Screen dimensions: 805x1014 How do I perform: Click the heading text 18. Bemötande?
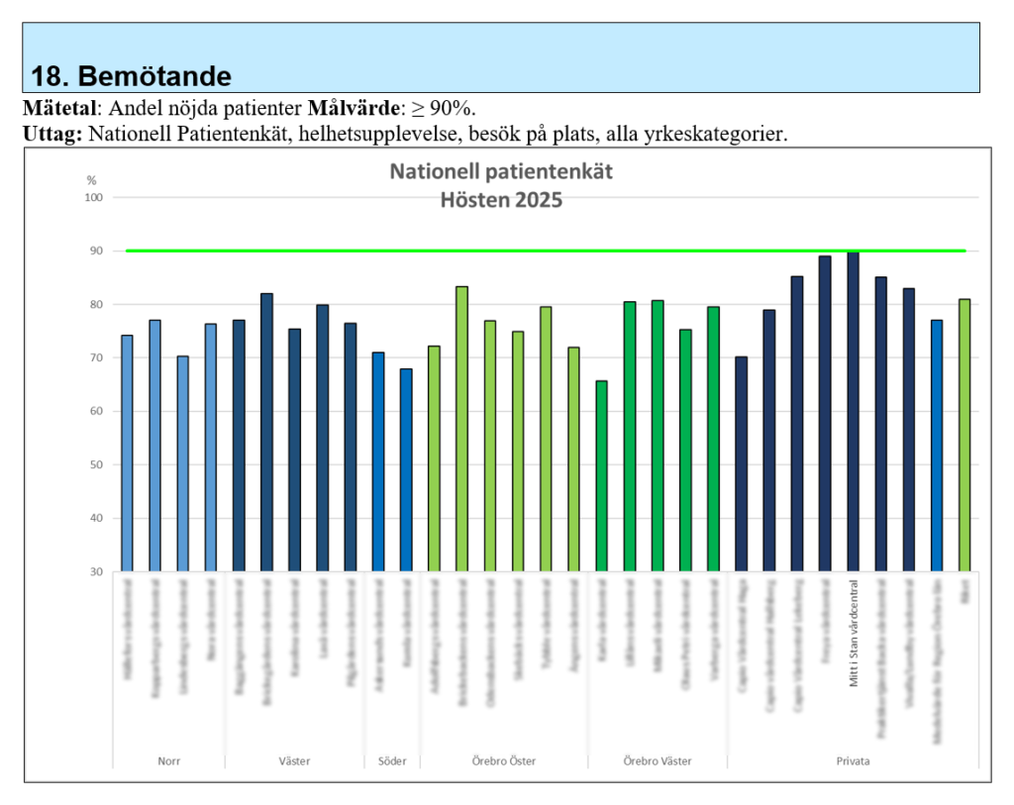132,76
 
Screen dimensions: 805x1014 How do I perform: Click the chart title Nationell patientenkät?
501,171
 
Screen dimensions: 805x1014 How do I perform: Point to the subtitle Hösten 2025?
501,200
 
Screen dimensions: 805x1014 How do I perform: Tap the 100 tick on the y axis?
94,197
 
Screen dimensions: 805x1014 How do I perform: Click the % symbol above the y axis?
92,180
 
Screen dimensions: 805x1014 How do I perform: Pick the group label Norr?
168,761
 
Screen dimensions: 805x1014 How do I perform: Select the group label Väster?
294,761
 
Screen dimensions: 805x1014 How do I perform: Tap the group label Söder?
393,761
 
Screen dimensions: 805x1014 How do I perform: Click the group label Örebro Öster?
504,761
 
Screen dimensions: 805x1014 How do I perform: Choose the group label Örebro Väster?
658,761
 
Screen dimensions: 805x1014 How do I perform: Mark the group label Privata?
853,761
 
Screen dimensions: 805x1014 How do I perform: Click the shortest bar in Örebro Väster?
601,475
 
